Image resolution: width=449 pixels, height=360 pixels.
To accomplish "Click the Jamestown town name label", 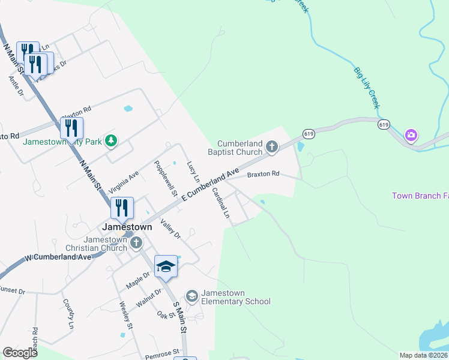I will pyautogui.click(x=127, y=227).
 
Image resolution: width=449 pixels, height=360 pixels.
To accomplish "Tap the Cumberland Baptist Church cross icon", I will pyautogui.click(x=272, y=146).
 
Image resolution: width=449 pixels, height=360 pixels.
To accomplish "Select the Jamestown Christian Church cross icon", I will pyautogui.click(x=136, y=243).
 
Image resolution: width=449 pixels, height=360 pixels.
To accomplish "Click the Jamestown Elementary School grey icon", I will pyautogui.click(x=191, y=296).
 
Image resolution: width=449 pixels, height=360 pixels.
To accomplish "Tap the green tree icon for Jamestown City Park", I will pyautogui.click(x=110, y=141).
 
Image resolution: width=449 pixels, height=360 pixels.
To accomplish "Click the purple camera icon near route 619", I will pyautogui.click(x=411, y=135).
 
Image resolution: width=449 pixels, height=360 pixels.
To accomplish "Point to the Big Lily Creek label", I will pyautogui.click(x=366, y=88).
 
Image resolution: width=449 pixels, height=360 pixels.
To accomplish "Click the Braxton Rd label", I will pyautogui.click(x=264, y=175).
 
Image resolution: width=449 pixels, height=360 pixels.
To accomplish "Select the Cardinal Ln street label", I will pyautogui.click(x=221, y=203).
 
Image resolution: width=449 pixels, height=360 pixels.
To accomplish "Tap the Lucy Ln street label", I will pyautogui.click(x=193, y=172).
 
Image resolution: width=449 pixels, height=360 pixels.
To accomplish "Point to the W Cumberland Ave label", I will pyautogui.click(x=58, y=257).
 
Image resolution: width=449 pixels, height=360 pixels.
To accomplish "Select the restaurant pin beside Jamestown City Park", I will pyautogui.click(x=71, y=128).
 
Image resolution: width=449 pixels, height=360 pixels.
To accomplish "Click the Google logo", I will pyautogui.click(x=20, y=353).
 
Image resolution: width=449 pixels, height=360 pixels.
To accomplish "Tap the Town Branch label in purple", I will pyautogui.click(x=420, y=196).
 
